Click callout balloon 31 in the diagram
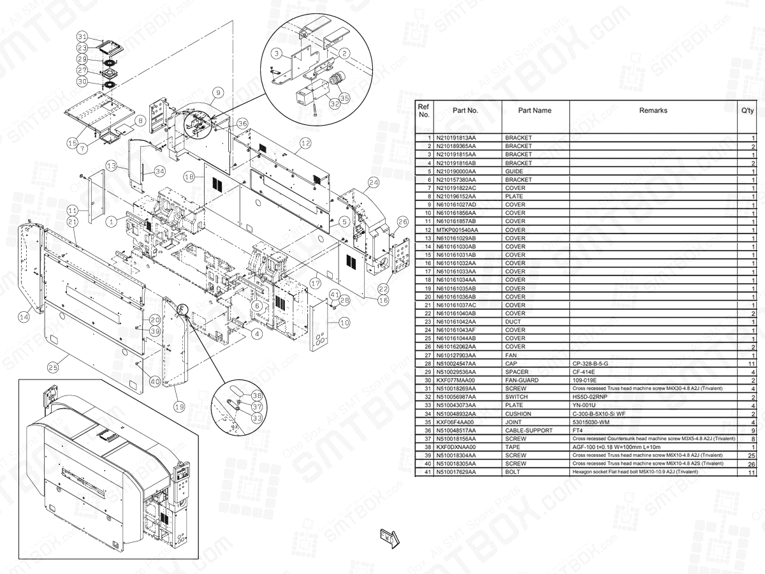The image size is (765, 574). click(x=82, y=36)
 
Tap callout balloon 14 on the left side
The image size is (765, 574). click(x=24, y=315)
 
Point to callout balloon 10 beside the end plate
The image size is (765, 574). click(x=344, y=323)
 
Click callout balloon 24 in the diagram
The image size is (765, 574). click(x=373, y=182)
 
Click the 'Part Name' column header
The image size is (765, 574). click(x=534, y=110)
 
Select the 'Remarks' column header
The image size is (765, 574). click(x=653, y=110)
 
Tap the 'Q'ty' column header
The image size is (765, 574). click(x=747, y=110)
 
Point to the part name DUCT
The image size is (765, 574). click(x=514, y=321)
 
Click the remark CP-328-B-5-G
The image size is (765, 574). click(x=591, y=364)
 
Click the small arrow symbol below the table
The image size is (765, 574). click(x=389, y=538)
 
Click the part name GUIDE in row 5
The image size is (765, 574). click(x=515, y=172)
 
